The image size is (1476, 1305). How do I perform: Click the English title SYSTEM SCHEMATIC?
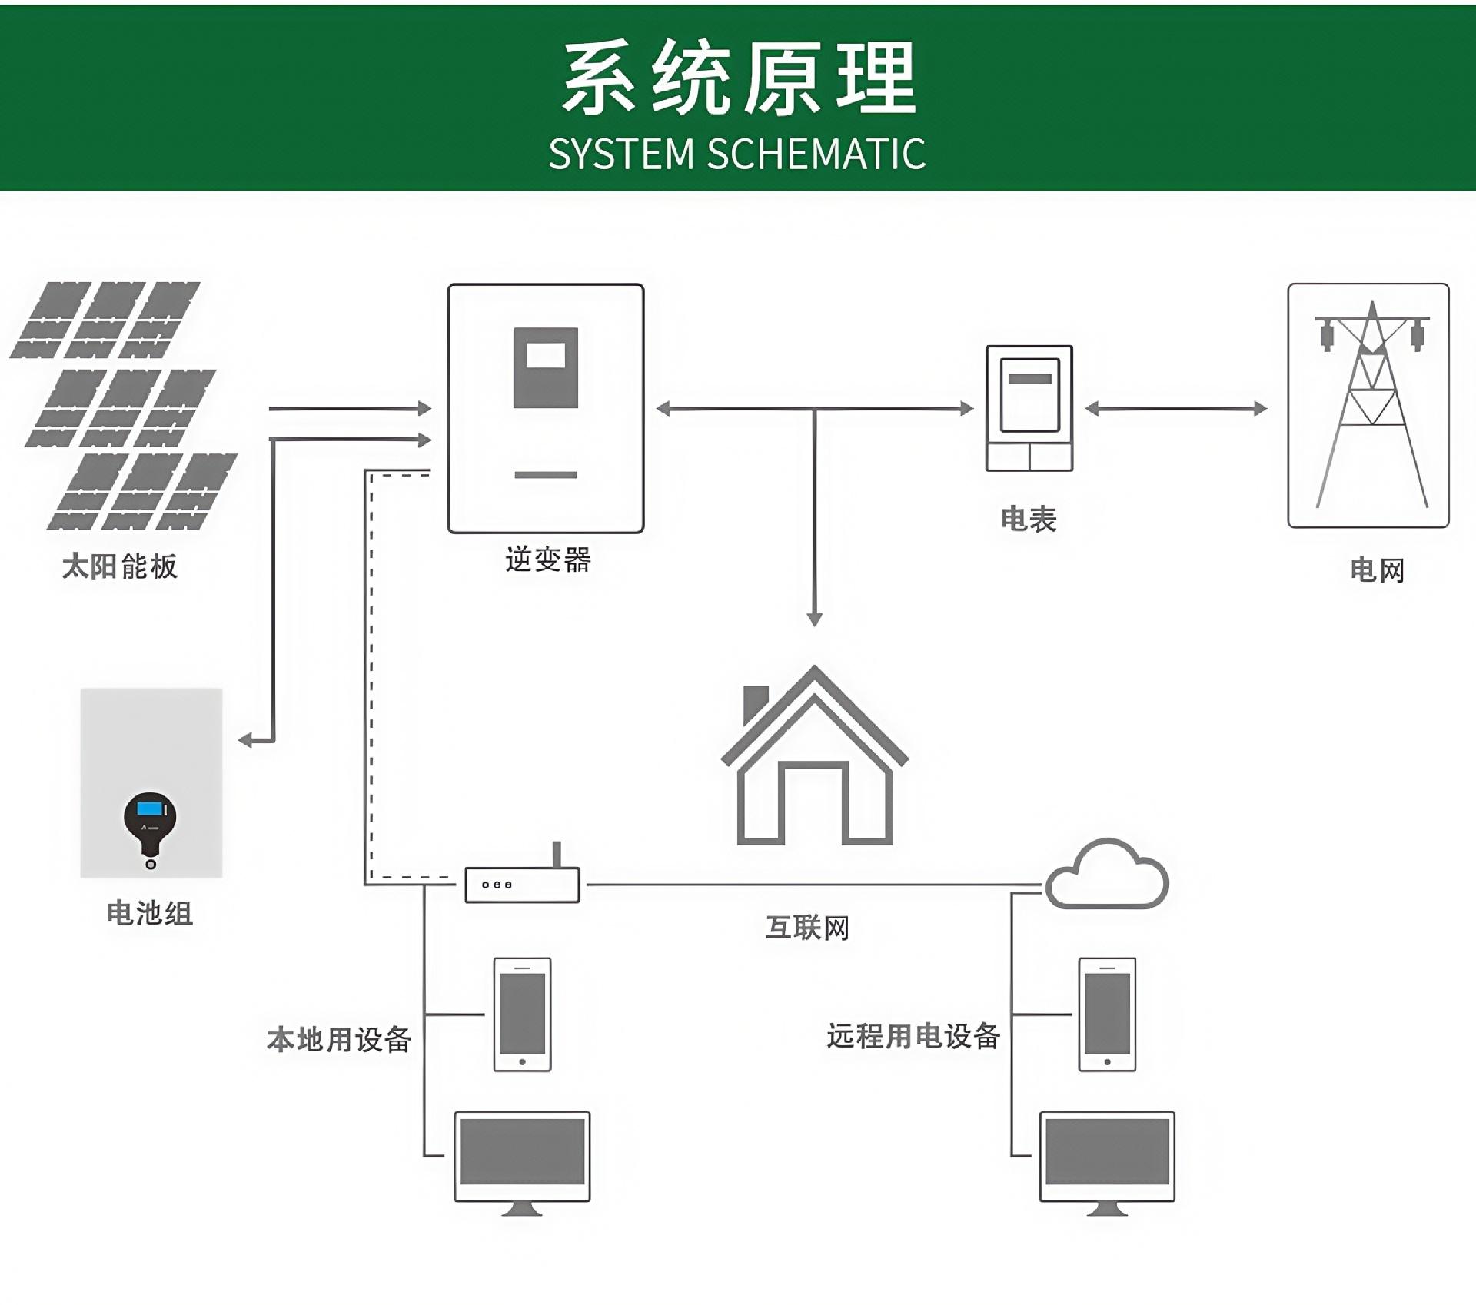(736, 154)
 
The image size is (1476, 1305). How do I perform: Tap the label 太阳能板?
(119, 566)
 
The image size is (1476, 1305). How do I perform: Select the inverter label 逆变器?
(547, 560)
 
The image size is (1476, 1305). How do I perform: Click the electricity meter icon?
(1029, 407)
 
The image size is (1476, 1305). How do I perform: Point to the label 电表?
(1029, 520)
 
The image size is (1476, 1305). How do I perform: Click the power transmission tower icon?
(1369, 405)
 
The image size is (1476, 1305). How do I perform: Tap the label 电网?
(1377, 570)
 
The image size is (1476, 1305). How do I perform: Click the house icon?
(814, 757)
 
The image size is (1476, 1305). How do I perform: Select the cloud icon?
(1108, 875)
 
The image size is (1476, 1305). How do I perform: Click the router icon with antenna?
(523, 882)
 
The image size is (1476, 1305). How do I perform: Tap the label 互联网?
(807, 928)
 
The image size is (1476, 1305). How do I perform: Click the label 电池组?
(150, 913)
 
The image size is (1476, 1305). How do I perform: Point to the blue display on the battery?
(151, 809)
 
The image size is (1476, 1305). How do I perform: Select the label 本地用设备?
(339, 1039)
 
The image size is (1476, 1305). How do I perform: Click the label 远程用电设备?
(913, 1036)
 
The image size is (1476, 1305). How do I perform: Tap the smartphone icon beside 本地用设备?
(522, 1014)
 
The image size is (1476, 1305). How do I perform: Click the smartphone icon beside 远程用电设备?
(1107, 1014)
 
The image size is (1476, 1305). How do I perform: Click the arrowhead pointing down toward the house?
(815, 619)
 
